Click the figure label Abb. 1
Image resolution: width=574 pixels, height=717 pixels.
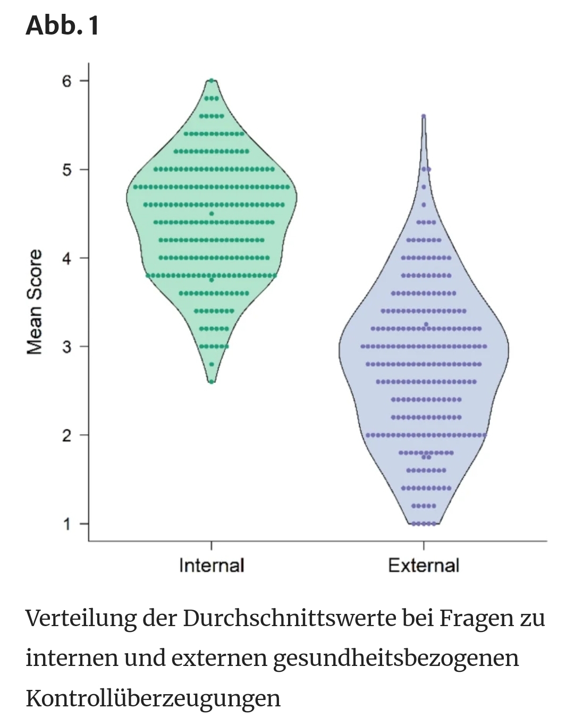click(62, 25)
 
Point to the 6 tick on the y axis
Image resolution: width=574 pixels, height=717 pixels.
click(67, 81)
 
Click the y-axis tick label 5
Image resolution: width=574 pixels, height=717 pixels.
click(67, 170)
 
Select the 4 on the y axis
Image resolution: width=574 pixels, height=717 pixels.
click(67, 258)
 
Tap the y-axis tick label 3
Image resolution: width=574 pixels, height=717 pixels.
click(67, 347)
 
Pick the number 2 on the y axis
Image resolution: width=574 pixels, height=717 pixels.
click(67, 435)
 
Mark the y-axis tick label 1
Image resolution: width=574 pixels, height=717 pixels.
click(67, 524)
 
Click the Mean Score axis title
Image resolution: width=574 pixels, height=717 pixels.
click(35, 301)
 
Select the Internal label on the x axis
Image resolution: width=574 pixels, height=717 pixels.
click(212, 565)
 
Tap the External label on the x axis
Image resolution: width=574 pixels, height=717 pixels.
click(424, 565)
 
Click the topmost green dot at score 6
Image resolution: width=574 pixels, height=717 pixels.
click(212, 81)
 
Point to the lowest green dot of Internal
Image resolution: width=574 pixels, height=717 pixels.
click(212, 382)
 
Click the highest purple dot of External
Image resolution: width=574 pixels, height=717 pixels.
click(424, 116)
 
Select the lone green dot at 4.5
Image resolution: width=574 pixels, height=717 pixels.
click(212, 214)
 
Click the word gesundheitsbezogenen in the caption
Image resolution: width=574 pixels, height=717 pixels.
click(396, 658)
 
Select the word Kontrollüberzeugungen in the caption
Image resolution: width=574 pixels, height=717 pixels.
click(153, 698)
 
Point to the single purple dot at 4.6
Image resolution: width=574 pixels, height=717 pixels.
click(424, 205)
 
